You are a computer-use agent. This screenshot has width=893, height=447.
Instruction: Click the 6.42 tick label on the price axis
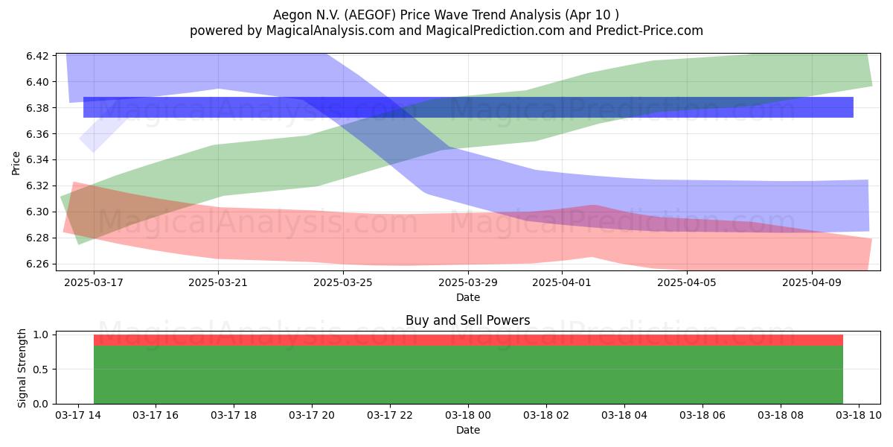pos(37,56)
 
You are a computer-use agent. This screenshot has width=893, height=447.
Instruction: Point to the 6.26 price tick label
pos(37,264)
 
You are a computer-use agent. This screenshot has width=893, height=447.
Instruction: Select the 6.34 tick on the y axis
pos(37,160)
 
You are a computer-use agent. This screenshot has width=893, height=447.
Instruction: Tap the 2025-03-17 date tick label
pos(94,282)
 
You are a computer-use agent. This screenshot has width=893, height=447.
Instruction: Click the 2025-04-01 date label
pos(562,282)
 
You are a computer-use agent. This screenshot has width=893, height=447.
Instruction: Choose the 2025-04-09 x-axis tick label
pos(812,282)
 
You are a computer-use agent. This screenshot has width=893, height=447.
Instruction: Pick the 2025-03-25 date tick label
pos(343,282)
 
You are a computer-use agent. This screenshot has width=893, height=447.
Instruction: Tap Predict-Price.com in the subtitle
pos(650,31)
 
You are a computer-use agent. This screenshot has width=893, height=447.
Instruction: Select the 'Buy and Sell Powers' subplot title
pos(467,320)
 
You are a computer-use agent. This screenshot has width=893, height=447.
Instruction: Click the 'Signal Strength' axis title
pos(22,368)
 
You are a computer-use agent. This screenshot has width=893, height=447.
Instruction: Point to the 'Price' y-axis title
pos(16,163)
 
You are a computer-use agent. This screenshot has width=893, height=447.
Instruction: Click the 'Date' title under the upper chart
pos(468,297)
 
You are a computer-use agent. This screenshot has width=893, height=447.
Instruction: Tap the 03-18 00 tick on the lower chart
pos(468,416)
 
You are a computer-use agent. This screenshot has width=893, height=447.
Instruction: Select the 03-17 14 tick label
pos(78,416)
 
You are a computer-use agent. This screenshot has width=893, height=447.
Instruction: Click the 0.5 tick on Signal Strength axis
pos(40,370)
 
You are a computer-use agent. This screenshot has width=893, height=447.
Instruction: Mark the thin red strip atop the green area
pos(468,340)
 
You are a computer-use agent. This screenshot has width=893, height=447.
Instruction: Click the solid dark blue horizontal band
pos(468,107)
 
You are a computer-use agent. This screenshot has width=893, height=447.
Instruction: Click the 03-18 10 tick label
pos(859,416)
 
